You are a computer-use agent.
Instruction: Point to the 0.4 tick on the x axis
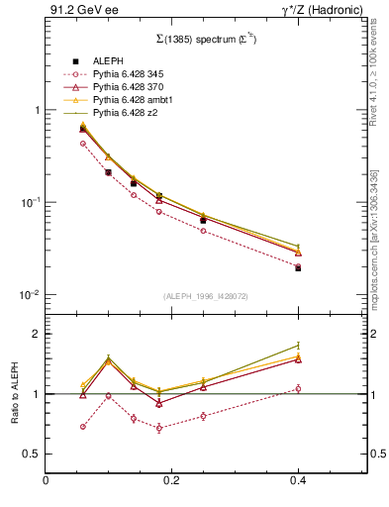298,480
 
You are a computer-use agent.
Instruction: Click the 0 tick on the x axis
46,480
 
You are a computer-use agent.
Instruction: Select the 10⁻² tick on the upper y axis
30,295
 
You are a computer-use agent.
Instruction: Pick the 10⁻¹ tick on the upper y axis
30,202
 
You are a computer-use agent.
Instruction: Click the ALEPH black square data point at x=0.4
298,268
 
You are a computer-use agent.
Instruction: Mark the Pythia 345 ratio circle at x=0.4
298,388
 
